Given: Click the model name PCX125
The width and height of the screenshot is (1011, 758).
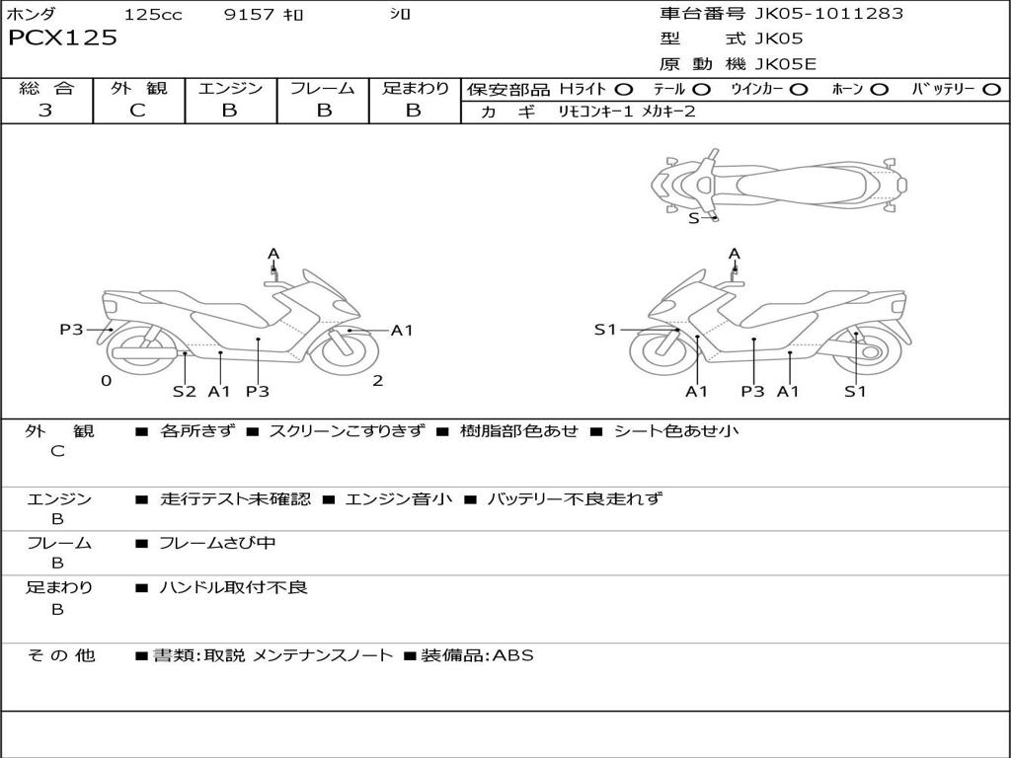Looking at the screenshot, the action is (x=62, y=38).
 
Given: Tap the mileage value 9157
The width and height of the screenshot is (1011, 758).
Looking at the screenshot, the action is (x=249, y=15).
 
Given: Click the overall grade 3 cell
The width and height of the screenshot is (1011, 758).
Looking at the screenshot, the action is (x=45, y=111).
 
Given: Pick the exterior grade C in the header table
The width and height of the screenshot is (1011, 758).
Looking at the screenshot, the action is (x=137, y=111).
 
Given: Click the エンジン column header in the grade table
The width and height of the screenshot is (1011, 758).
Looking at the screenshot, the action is (x=230, y=88).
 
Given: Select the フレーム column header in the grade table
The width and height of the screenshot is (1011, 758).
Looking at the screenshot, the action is (x=322, y=88).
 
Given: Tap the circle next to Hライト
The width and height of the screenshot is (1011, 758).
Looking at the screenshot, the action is (x=624, y=89).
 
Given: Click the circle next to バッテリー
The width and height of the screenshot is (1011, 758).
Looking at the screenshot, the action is (x=991, y=89).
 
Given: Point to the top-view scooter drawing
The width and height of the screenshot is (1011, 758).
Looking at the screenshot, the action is (x=779, y=182).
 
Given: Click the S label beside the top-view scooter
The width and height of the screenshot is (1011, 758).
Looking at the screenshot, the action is (x=693, y=218).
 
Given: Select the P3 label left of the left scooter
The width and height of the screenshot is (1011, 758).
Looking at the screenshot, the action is (x=71, y=330).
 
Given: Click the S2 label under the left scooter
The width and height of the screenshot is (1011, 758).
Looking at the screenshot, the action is (x=185, y=391).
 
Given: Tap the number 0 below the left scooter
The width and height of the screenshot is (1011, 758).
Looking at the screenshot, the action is (x=106, y=381).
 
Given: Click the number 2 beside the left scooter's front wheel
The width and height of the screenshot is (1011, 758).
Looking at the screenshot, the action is (x=377, y=381).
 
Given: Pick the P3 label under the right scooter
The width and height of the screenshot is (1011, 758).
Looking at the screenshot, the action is (x=753, y=392).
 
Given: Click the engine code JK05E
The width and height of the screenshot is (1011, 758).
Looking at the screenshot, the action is (x=786, y=64).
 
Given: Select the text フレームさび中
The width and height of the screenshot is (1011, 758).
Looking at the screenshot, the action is (x=217, y=543).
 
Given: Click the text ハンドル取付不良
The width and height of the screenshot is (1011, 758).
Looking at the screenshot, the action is (x=233, y=587).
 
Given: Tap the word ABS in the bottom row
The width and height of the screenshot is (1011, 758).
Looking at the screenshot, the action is (x=512, y=654).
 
